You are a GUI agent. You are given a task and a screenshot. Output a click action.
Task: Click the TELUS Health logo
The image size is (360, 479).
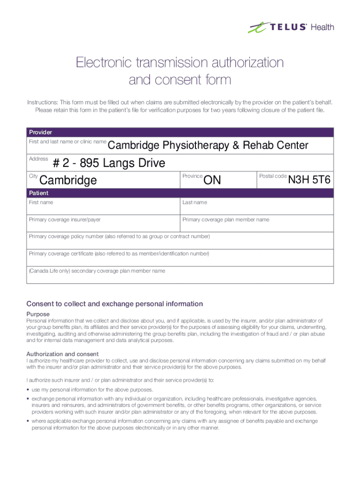290,27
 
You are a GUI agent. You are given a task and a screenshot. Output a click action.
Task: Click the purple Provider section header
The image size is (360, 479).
180,132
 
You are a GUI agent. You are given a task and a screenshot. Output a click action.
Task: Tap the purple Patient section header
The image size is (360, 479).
180,193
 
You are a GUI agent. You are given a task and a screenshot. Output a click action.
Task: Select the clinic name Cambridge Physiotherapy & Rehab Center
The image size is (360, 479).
208,145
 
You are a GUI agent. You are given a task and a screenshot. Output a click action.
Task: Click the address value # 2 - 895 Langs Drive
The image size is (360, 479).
109,163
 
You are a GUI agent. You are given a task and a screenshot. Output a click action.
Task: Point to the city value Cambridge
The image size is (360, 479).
69,180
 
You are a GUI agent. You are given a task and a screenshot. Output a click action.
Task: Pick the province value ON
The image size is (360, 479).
213,180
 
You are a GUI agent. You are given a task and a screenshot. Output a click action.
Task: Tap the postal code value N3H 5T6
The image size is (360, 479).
310,180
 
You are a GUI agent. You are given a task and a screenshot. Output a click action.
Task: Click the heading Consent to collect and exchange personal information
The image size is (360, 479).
115,304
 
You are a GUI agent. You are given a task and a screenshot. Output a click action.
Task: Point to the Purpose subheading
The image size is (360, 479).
38,314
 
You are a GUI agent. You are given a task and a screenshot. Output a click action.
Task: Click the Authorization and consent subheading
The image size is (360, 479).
62,354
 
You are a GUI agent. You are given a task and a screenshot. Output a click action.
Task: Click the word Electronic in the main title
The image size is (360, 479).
106,63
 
